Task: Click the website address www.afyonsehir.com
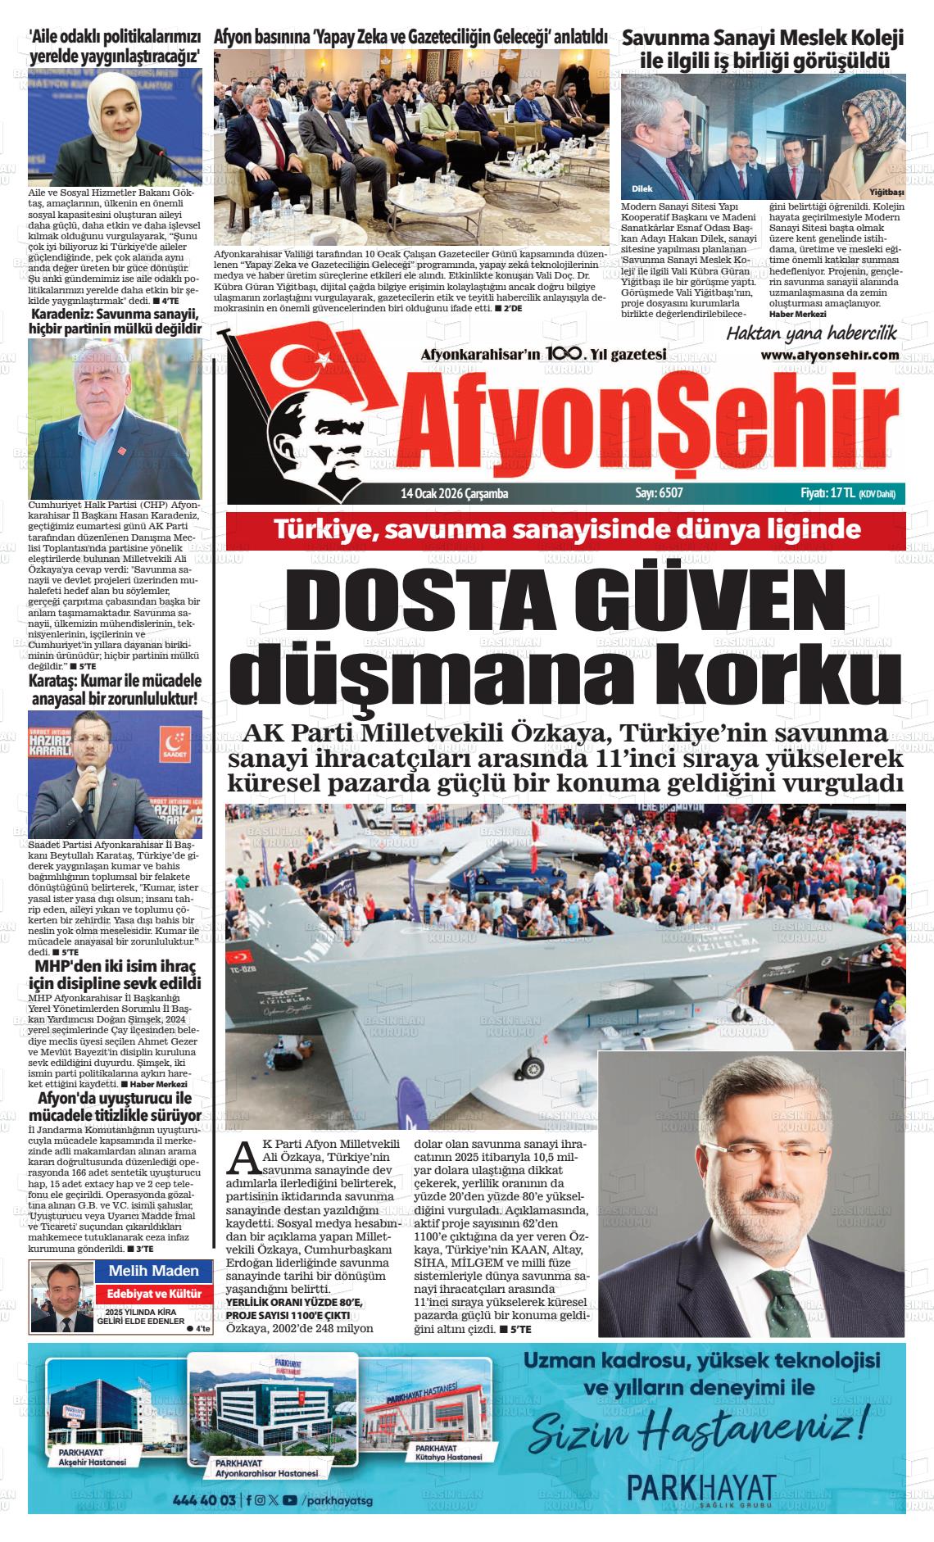coord(829,356)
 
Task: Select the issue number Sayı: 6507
coord(659,493)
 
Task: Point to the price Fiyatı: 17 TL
coord(827,493)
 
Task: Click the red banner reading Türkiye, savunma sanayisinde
coord(566,529)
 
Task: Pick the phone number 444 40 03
coord(204,1500)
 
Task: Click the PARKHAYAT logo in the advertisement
coord(700,1488)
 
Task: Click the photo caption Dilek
coord(642,188)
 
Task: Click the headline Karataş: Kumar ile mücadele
coord(115,690)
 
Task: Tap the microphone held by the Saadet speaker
coord(91,794)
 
